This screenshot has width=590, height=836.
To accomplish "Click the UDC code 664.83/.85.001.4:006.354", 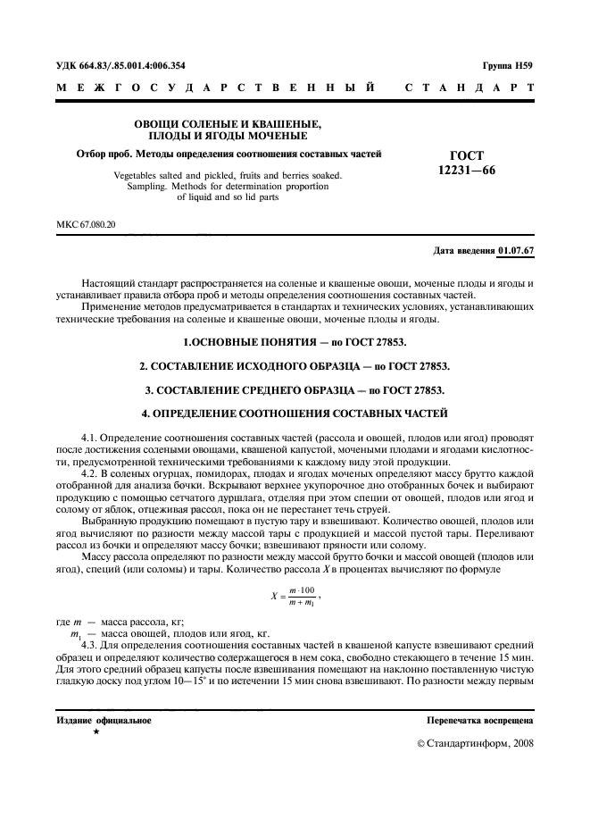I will click(135, 65).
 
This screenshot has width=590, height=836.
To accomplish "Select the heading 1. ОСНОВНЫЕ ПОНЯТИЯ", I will click(295, 342).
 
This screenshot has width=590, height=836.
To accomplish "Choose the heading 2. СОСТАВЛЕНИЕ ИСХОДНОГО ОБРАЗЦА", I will click(295, 366).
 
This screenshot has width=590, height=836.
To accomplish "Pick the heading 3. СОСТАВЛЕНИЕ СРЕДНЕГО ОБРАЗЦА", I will click(295, 390).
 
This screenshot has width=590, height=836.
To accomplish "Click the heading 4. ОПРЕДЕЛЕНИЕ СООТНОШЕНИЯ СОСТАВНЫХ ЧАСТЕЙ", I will click(295, 414).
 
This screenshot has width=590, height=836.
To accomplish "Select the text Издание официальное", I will click(104, 719).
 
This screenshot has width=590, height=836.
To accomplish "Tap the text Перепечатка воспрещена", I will click(481, 719).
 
